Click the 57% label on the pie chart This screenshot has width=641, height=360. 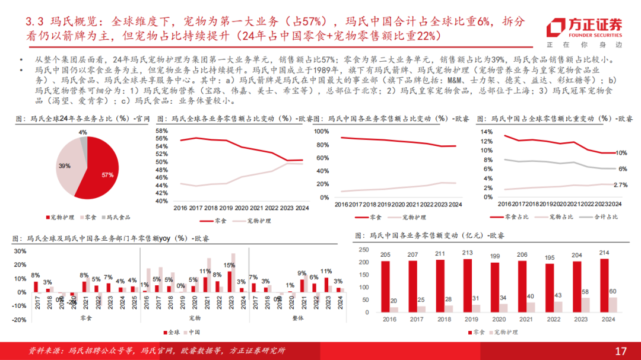click(x=107, y=175)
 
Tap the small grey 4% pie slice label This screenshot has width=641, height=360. click(x=82, y=132)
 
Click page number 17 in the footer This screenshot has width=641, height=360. click(x=621, y=351)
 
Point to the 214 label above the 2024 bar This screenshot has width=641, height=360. click(x=604, y=253)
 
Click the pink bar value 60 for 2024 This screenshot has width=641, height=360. click(x=613, y=291)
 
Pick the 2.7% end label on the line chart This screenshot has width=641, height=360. click(x=620, y=186)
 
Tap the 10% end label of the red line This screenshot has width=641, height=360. click(x=621, y=153)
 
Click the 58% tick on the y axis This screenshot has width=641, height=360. click(x=161, y=130)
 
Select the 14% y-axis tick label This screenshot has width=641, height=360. click(x=486, y=131)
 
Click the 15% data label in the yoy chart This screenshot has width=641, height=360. click(x=229, y=265)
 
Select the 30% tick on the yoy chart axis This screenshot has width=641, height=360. click(x=18, y=251)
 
